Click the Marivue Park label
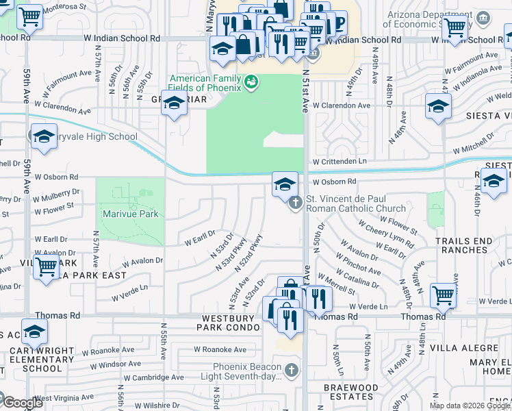(x=130, y=214)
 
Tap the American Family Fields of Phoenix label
(x=205, y=83)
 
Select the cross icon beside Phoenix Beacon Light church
(x=292, y=371)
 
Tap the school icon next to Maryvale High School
(x=43, y=136)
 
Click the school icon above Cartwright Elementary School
(x=34, y=332)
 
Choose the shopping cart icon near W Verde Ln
(x=444, y=295)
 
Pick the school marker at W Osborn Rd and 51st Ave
(x=285, y=184)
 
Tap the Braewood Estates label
(x=351, y=392)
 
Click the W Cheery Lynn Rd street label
(x=386, y=235)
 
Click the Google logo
(x=22, y=403)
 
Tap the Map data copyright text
(x=469, y=406)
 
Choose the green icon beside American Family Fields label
(x=251, y=83)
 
